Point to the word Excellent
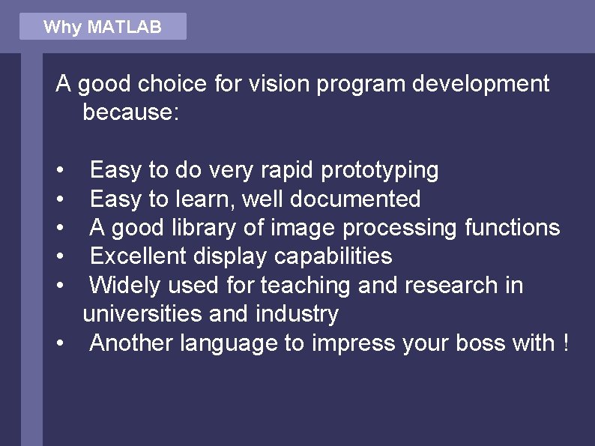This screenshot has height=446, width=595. (x=139, y=256)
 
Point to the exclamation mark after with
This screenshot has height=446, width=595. (x=564, y=343)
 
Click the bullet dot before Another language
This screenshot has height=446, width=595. (x=59, y=344)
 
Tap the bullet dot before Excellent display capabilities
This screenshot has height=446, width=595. (x=59, y=257)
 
